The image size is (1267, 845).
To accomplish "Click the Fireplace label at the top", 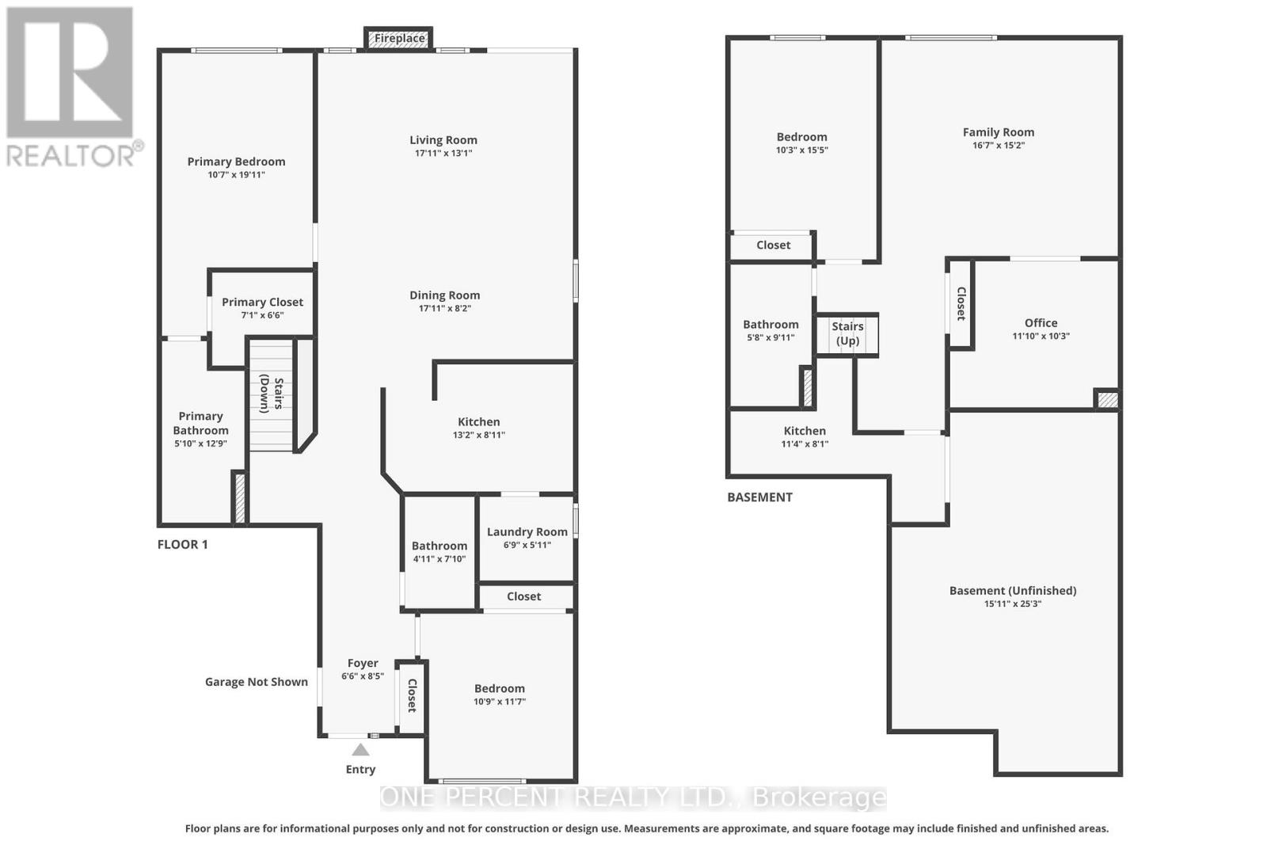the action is click(x=399, y=38).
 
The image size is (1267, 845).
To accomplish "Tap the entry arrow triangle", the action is click(x=360, y=750).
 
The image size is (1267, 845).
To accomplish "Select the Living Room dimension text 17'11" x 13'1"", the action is click(x=443, y=153).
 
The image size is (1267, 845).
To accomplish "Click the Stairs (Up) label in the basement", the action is click(x=847, y=333).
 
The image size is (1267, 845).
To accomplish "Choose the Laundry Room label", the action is click(x=527, y=531).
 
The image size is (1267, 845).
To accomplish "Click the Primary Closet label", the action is click(x=262, y=302).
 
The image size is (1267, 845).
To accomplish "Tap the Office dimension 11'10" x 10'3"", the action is click(x=1041, y=336).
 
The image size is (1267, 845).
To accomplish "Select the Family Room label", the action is click(x=999, y=132).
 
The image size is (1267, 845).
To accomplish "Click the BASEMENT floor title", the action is click(x=759, y=497).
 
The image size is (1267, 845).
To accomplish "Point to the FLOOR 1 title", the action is click(x=183, y=545).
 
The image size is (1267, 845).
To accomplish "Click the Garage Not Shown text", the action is click(x=257, y=682).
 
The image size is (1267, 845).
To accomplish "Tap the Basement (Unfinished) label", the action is click(x=1013, y=591).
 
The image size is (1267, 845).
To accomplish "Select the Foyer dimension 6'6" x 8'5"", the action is click(x=363, y=676).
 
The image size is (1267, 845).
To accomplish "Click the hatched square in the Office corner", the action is click(x=1108, y=400).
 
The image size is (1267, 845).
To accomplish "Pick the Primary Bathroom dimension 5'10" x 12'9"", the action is click(x=201, y=443).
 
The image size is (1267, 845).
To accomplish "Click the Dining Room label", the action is click(x=444, y=295).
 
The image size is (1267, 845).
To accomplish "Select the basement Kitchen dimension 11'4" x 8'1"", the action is click(x=805, y=444).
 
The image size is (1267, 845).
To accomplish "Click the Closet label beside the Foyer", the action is click(x=412, y=695).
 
